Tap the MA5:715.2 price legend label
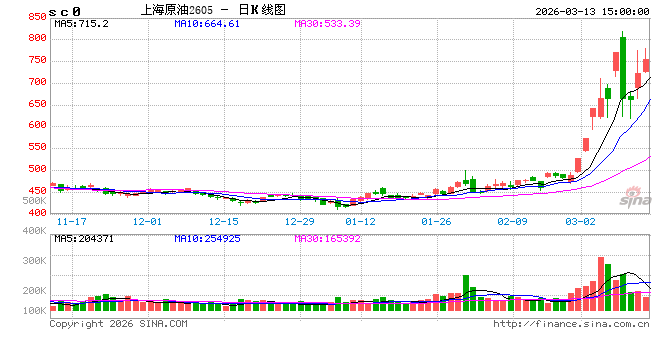81,22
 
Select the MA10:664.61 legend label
207,22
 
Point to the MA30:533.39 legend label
327,22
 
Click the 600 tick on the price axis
36,125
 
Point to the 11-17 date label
71,220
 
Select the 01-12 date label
360,220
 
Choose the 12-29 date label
300,220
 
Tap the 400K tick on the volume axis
34,231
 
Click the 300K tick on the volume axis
34,260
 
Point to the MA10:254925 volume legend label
213,239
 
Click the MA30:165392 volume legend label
333,239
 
